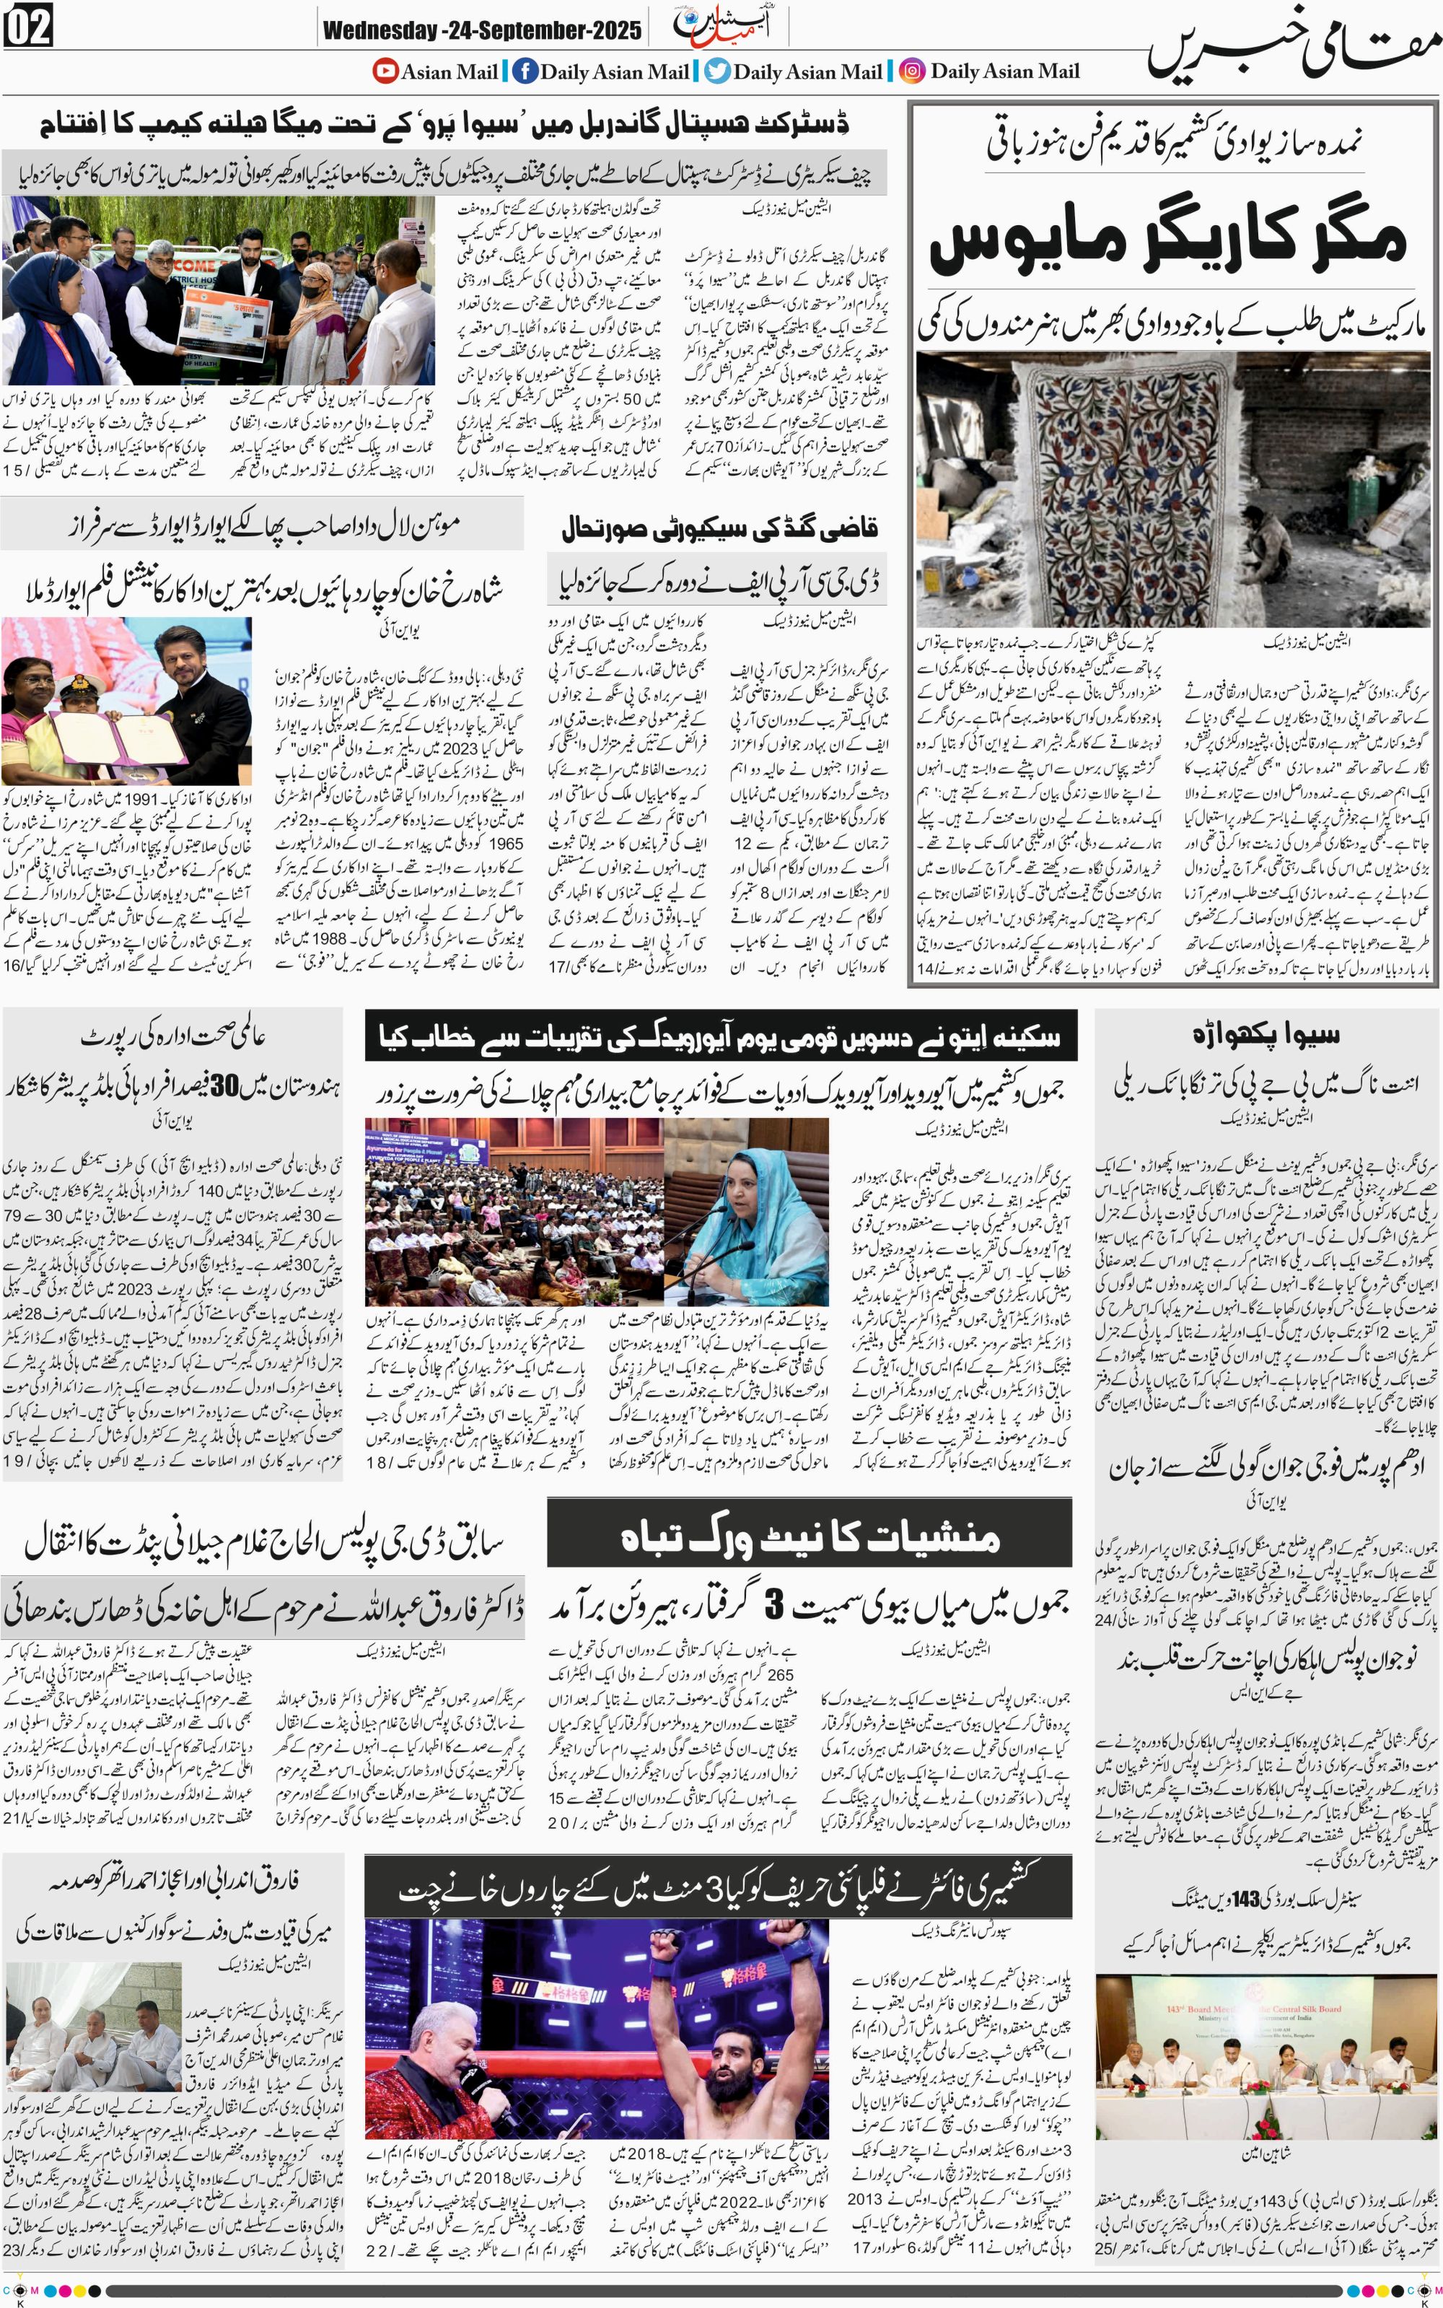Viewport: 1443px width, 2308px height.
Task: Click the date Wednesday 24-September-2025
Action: point(481,30)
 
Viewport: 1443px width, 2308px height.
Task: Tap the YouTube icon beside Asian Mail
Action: point(385,71)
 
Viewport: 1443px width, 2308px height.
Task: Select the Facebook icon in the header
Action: point(524,71)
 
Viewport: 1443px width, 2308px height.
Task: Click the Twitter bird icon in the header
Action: point(718,71)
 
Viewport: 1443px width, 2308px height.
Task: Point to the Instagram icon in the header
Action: point(913,71)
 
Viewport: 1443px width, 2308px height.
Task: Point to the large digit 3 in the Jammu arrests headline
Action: point(774,1607)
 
